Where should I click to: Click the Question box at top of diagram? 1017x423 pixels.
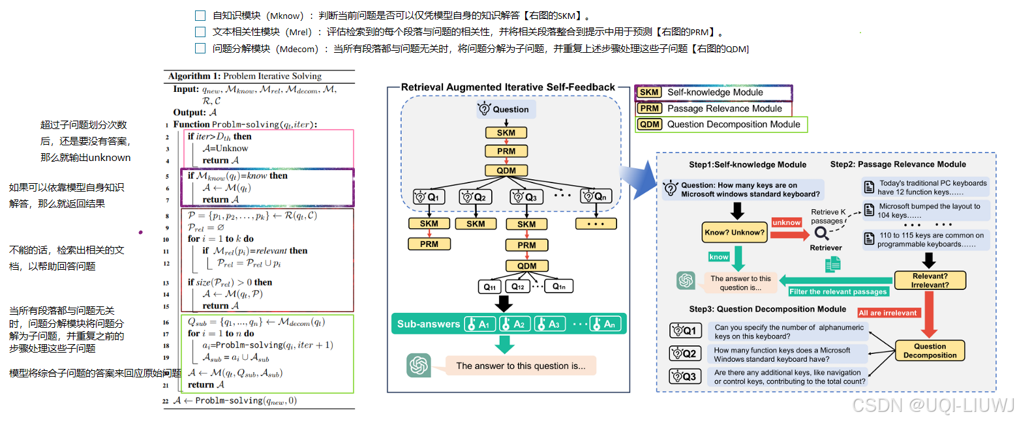(506, 109)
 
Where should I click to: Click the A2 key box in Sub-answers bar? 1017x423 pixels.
(514, 324)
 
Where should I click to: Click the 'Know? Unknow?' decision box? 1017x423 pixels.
(734, 232)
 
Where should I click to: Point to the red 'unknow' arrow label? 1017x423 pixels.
(787, 222)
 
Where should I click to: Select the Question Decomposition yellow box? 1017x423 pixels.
(930, 351)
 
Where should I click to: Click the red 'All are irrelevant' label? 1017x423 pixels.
(888, 313)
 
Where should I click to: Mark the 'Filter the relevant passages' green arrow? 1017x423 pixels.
(838, 291)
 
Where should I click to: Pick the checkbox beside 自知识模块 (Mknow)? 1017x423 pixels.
(200, 15)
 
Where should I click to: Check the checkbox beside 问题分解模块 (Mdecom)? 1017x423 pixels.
(200, 48)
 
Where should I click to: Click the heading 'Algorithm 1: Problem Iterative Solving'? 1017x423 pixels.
(245, 76)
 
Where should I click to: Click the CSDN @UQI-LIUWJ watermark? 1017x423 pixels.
(933, 405)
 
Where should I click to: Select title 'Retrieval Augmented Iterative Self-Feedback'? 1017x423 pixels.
(508, 87)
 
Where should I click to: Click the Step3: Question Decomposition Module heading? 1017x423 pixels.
(768, 309)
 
